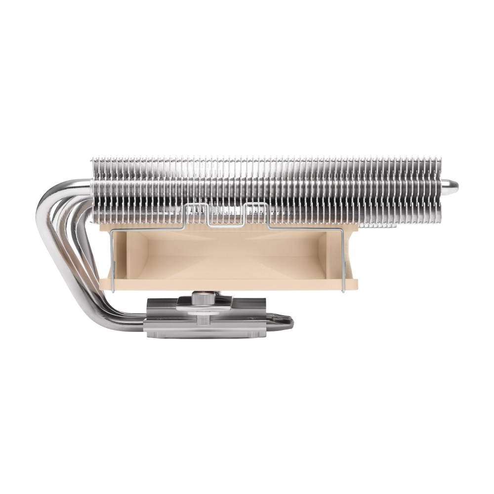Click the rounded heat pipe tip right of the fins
pyautogui.click(x=452, y=186)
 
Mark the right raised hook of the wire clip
pyautogui.click(x=256, y=207)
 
